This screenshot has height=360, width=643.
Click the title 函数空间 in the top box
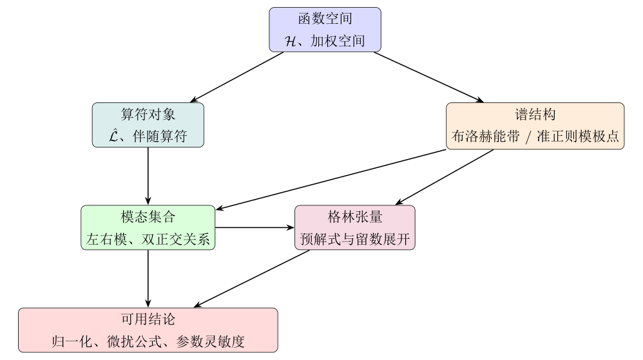[325, 19]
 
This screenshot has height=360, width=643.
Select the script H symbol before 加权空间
[291, 41]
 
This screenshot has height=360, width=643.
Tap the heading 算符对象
[148, 114]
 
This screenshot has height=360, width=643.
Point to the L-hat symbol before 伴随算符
[113, 135]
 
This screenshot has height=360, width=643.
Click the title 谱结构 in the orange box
[535, 114]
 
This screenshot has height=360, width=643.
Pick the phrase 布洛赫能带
[486, 136]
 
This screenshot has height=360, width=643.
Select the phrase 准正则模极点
[578, 136]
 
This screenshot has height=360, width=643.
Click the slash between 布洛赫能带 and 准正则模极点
[528, 137]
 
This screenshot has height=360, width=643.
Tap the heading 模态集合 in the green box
[148, 216]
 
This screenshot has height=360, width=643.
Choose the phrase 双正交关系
[175, 239]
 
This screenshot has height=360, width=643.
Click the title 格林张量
[355, 216]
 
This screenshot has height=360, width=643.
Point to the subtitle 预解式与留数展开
[355, 239]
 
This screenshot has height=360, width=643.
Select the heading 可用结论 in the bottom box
[148, 319]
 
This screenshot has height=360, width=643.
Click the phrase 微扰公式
[134, 341]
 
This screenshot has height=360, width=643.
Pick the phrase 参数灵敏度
[211, 341]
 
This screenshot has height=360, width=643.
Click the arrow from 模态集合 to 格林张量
[254, 227]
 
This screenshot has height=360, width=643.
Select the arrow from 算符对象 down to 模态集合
[148, 176]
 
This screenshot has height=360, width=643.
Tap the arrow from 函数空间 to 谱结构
[429, 77]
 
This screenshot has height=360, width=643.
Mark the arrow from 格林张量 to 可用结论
[252, 278]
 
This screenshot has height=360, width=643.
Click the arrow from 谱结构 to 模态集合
[331, 180]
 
